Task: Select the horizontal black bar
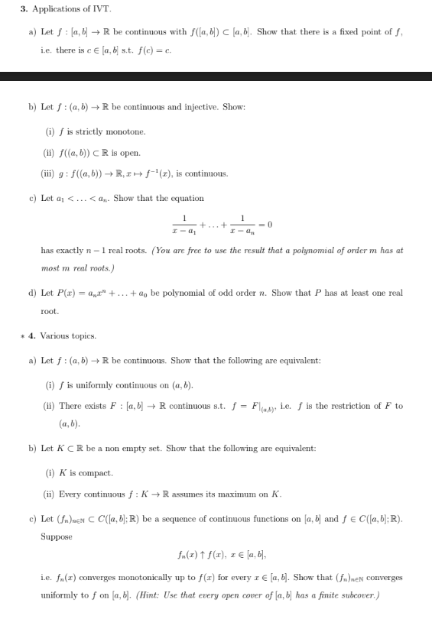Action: pyautogui.click(x=216, y=76)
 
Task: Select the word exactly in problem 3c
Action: pyautogui.click(x=66, y=250)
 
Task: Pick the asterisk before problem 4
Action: pyautogui.click(x=23, y=335)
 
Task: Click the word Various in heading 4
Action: pyautogui.click(x=54, y=335)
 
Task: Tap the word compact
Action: pyautogui.click(x=96, y=473)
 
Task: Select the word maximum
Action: pyautogui.click(x=223, y=494)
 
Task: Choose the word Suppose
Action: pyautogui.click(x=57, y=536)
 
